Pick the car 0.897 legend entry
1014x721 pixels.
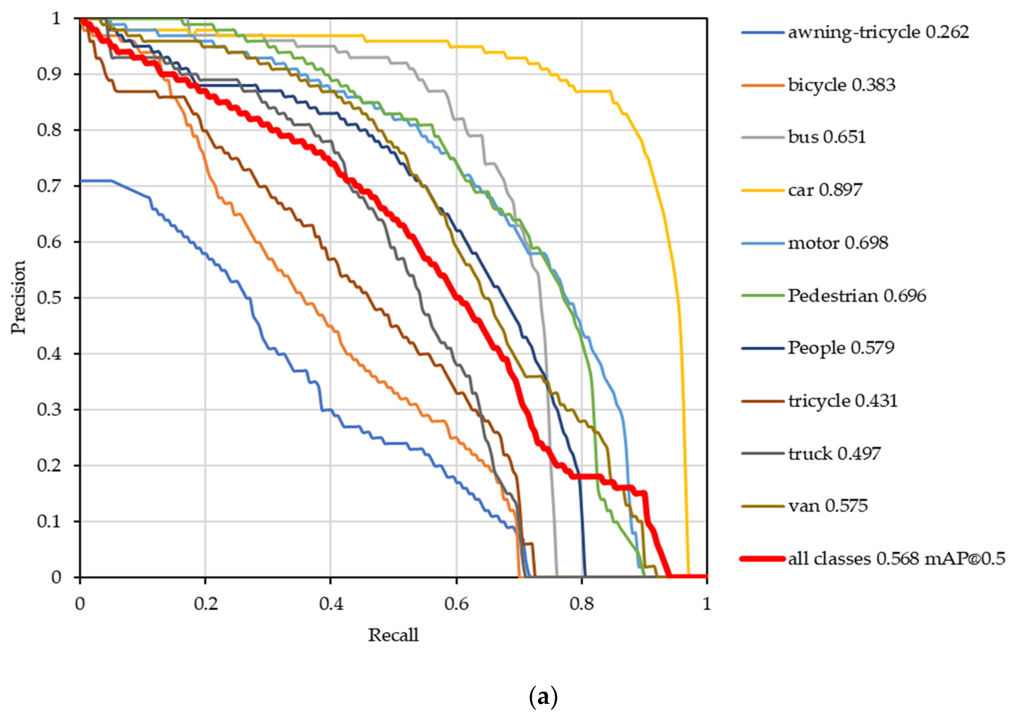(x=825, y=190)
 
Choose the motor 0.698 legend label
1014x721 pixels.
(x=838, y=243)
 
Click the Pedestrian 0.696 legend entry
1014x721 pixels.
(x=857, y=296)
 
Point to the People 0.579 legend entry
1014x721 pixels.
(x=841, y=348)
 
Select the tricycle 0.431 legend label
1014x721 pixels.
(x=843, y=401)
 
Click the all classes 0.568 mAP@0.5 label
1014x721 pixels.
(x=896, y=558)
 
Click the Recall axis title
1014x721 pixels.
(x=393, y=635)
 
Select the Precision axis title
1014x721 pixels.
(x=19, y=297)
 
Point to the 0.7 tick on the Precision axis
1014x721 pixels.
(x=49, y=186)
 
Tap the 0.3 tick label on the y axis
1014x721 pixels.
(x=49, y=409)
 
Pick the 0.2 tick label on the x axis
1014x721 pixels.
(x=205, y=604)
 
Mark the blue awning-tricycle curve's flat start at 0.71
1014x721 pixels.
(x=96, y=181)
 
